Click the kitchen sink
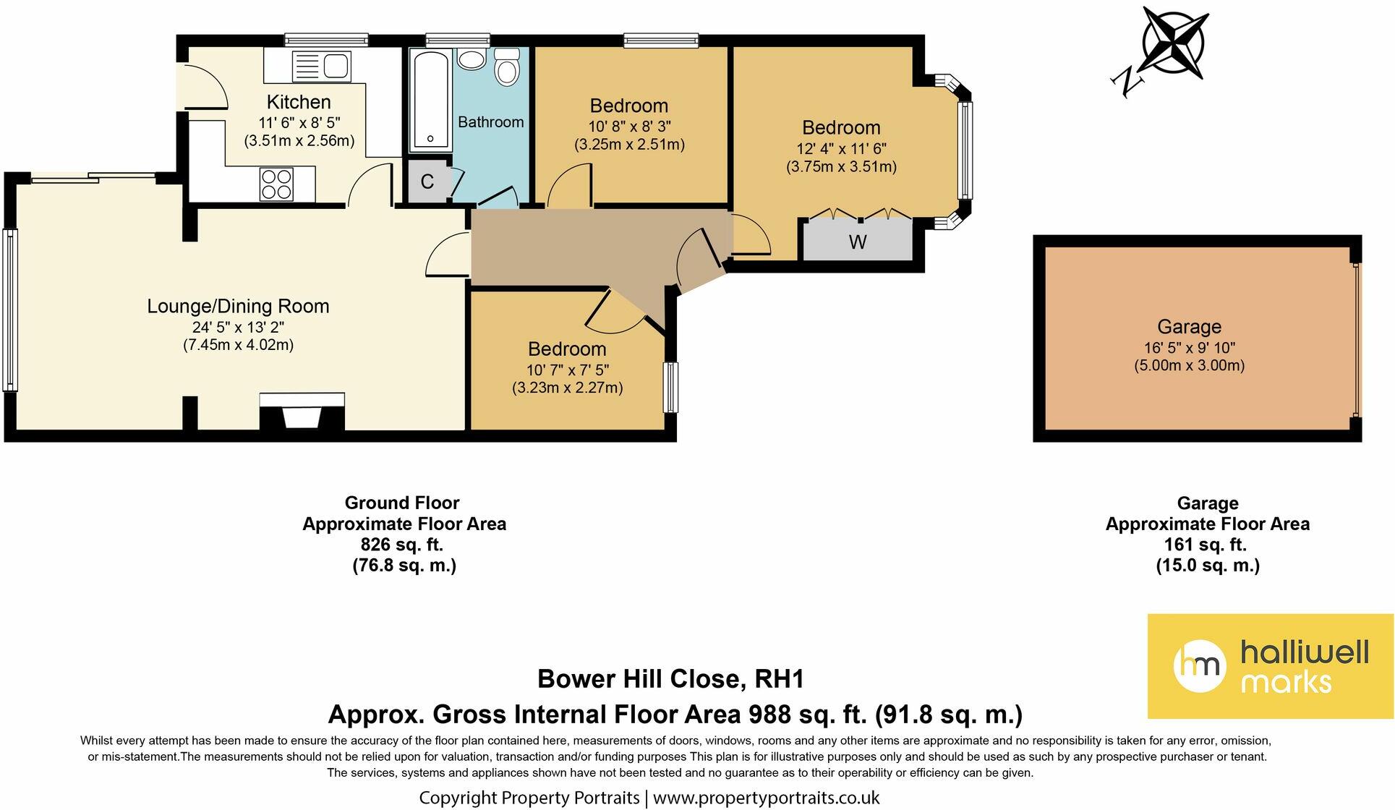pyautogui.click(x=322, y=66)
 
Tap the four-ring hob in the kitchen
pyautogui.click(x=276, y=184)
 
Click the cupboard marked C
pyautogui.click(x=427, y=181)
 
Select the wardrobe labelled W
pyautogui.click(x=858, y=239)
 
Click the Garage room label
pyautogui.click(x=1190, y=327)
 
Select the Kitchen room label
pyautogui.click(x=299, y=102)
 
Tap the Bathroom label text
pyautogui.click(x=491, y=121)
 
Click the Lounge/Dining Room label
pyautogui.click(x=238, y=306)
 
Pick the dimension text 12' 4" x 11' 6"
pyautogui.click(x=841, y=148)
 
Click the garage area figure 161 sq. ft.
pyautogui.click(x=1208, y=545)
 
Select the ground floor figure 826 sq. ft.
pyautogui.click(x=403, y=545)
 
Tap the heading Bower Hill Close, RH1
pyautogui.click(x=671, y=679)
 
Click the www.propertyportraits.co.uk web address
pyautogui.click(x=767, y=798)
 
